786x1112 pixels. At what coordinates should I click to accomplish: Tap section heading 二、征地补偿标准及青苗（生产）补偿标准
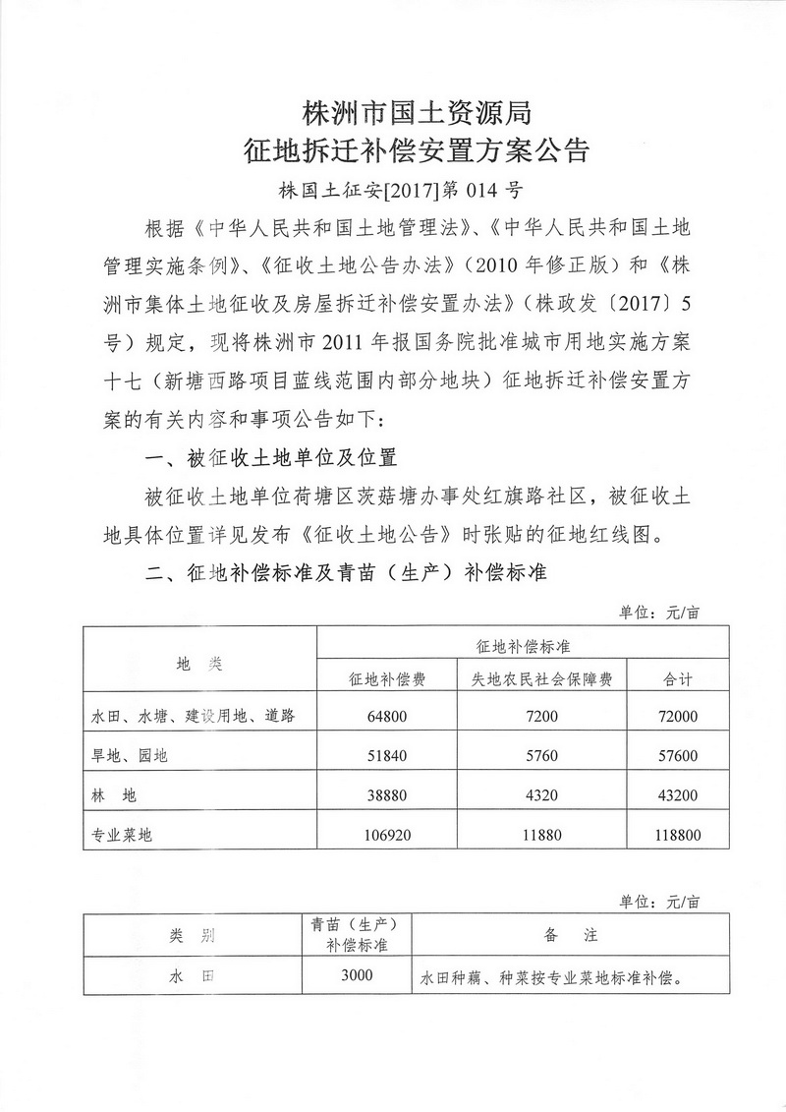point(346,572)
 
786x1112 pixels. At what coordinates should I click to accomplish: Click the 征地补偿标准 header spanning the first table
point(524,645)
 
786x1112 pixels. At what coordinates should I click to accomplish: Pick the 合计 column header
point(678,679)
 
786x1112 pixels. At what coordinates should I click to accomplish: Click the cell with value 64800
point(386,717)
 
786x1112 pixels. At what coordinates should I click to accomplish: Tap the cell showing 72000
point(678,717)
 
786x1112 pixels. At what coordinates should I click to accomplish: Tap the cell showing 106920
point(386,835)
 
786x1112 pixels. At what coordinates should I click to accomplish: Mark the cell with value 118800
point(678,835)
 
